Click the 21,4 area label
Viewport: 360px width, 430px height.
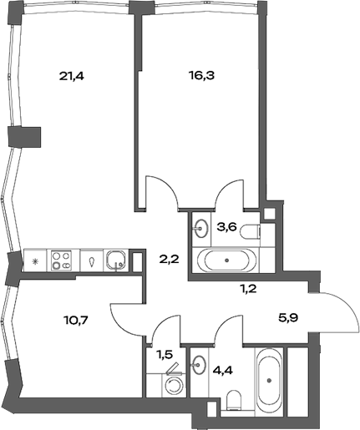pyautogui.click(x=73, y=76)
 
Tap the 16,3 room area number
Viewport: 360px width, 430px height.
pyautogui.click(x=201, y=73)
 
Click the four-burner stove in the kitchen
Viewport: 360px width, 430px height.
pyautogui.click(x=61, y=261)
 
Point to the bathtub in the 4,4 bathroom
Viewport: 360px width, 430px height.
pyautogui.click(x=271, y=381)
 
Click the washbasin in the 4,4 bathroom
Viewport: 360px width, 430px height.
pyautogui.click(x=199, y=365)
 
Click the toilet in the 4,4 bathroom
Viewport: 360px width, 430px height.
pyautogui.click(x=234, y=397)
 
